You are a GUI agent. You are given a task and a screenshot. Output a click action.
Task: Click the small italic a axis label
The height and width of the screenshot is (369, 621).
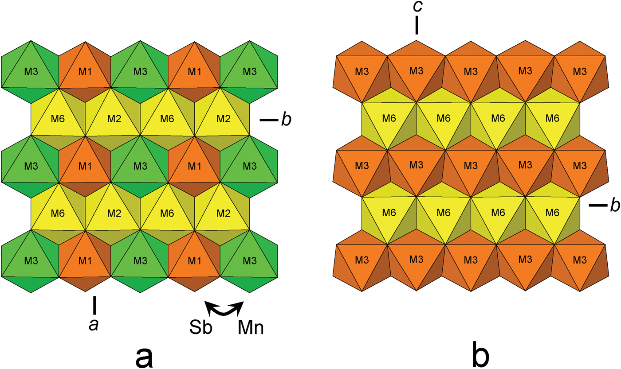[94, 325]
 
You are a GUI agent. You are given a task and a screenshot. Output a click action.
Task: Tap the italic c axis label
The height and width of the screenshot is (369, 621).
[416, 10]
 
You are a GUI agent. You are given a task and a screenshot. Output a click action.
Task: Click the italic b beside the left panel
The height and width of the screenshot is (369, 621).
[287, 120]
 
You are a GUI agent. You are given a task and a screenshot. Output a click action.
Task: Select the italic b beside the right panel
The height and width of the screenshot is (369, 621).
[614, 206]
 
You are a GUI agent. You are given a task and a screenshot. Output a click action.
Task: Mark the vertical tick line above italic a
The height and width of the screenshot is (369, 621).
[94, 305]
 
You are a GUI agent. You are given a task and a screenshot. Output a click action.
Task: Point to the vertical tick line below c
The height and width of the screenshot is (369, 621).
[416, 27]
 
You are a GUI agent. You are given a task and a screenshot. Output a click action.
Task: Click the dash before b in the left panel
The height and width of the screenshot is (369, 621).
[268, 120]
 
